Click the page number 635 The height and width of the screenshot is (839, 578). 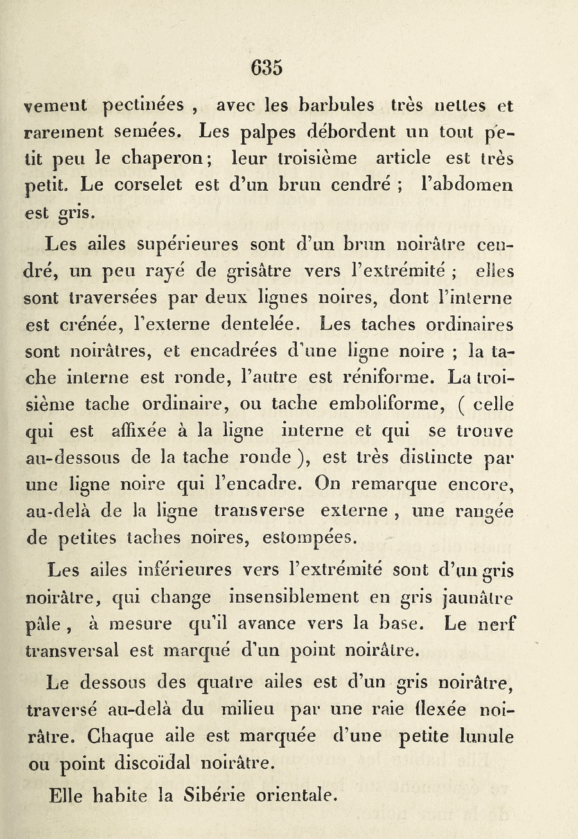coord(267,67)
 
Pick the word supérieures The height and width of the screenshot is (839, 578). coord(189,245)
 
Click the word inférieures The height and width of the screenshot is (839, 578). coord(185,570)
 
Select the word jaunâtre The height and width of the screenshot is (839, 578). coord(478,597)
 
